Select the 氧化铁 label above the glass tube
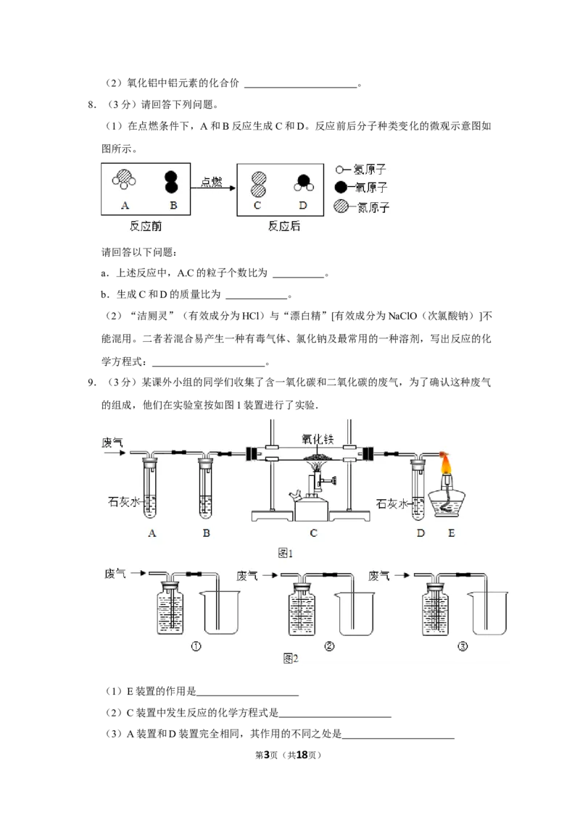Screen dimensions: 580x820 318,439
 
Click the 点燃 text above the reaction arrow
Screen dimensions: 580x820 212,182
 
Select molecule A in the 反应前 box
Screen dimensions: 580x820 124,179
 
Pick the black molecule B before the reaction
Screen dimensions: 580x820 171,182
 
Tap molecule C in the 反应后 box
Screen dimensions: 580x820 258,184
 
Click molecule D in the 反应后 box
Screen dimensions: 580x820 303,183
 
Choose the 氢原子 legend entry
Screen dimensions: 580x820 360,170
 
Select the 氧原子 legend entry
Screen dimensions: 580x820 360,187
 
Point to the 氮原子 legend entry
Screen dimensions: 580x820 361,207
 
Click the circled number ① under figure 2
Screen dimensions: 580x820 196,646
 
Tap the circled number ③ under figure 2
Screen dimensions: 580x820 463,646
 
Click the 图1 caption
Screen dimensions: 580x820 286,553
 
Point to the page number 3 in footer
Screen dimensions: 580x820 266,755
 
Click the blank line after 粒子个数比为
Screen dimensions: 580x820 299,277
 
